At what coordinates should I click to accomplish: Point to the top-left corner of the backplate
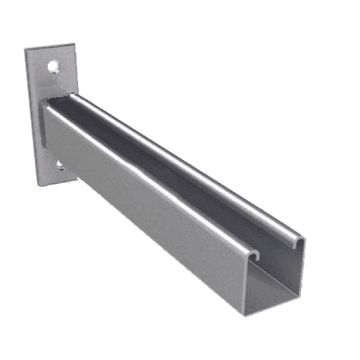point(26,50)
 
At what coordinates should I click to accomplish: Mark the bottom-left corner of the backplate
point(32,185)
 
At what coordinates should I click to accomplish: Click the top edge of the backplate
point(51,47)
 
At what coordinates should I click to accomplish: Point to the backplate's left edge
point(29,118)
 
